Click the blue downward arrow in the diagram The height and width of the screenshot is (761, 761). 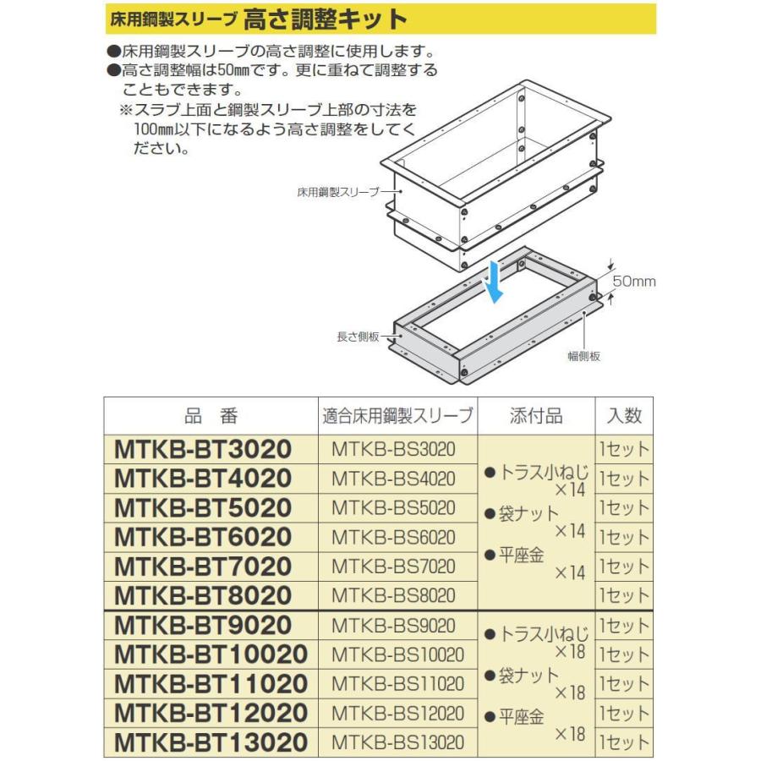click(496, 282)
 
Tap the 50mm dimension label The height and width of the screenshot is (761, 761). click(633, 282)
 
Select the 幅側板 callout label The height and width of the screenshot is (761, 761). click(583, 357)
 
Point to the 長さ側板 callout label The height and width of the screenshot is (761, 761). click(359, 337)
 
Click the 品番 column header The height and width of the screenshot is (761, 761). click(211, 415)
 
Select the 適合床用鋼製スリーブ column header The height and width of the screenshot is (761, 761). click(398, 415)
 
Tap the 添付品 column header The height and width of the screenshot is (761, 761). click(536, 415)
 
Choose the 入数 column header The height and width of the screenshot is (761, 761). click(624, 415)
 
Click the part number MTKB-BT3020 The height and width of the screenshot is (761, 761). click(202, 449)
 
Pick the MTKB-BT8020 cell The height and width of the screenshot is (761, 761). click(202, 595)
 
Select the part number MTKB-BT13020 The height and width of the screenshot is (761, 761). click(211, 742)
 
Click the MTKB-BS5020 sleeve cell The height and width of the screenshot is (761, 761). click(394, 508)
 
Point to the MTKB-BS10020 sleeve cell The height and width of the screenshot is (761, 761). click(398, 654)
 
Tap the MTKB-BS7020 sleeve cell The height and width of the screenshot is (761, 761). click(394, 567)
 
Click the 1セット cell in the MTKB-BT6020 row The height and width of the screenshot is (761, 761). click(624, 537)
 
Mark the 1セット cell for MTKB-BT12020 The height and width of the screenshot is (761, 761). click(624, 713)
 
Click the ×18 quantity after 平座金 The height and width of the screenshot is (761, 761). click(569, 734)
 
